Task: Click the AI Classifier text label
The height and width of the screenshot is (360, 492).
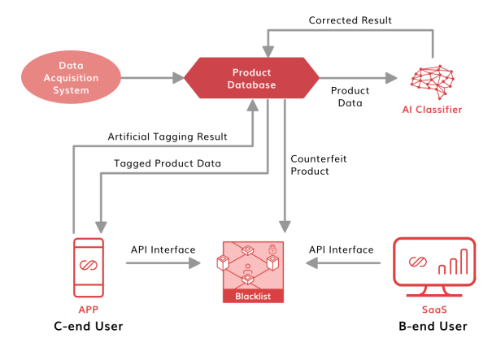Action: [431, 110]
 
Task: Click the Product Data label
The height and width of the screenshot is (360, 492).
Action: [350, 97]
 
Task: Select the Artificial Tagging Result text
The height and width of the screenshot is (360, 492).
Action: [168, 137]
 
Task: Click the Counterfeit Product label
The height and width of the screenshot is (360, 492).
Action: [318, 166]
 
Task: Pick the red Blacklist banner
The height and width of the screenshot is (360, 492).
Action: [253, 297]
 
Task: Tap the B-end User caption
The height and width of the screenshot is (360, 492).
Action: [433, 327]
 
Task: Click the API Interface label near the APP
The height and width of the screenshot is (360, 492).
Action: [163, 249]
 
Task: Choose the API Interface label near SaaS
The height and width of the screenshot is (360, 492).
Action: [342, 249]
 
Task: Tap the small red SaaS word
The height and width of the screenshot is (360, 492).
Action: [433, 310]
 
